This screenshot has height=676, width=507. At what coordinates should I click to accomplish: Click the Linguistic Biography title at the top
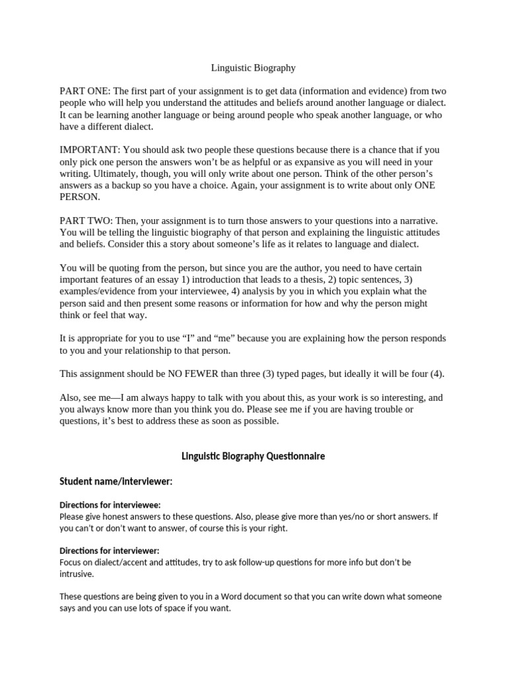(253, 67)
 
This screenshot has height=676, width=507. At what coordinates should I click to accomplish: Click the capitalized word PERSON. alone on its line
(80, 197)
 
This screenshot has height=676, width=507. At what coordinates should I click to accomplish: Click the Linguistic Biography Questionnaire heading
(253, 457)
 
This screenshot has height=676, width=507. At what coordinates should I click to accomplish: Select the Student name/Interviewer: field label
(116, 482)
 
